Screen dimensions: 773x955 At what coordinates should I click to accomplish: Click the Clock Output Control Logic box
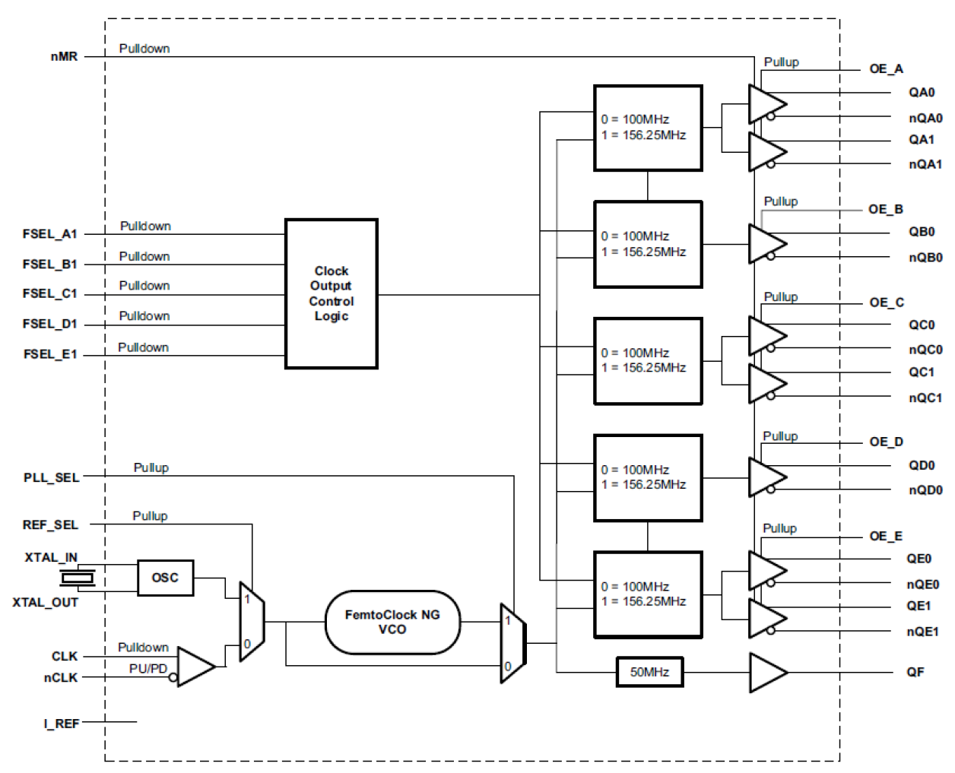point(331,293)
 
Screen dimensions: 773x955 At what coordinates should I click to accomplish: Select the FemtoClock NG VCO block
point(392,622)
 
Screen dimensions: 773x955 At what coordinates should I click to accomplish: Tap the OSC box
point(165,578)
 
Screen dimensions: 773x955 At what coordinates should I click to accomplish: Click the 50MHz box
point(649,672)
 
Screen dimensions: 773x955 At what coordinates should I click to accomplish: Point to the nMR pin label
point(64,56)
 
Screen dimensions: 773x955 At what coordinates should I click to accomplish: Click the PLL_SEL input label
point(51,477)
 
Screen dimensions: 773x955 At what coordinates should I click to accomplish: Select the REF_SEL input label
point(50,524)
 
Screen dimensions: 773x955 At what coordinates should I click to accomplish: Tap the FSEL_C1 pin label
point(49,293)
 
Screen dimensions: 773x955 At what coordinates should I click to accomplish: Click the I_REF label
point(61,724)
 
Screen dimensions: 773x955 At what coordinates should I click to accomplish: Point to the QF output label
point(915,672)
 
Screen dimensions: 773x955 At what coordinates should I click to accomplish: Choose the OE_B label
point(886,209)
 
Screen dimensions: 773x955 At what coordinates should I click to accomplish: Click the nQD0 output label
point(925,489)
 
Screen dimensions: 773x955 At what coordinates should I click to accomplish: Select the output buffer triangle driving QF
point(766,673)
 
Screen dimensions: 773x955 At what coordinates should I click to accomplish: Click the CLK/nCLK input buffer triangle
point(195,667)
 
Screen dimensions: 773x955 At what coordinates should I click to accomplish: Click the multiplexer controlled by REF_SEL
point(252,622)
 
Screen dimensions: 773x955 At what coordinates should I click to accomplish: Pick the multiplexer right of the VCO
point(512,643)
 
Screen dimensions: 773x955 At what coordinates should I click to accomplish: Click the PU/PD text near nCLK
point(148,668)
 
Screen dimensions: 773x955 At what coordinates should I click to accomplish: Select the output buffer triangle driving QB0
point(766,244)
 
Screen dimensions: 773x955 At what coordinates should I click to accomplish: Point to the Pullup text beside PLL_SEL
point(151,467)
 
